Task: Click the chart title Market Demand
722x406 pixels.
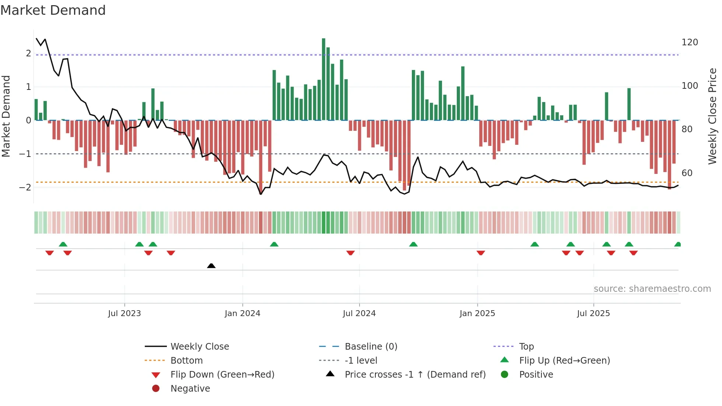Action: pyautogui.click(x=53, y=10)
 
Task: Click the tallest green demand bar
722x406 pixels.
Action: pyautogui.click(x=323, y=79)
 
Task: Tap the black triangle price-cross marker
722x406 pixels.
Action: pyautogui.click(x=211, y=266)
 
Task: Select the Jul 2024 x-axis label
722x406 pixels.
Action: pyautogui.click(x=359, y=314)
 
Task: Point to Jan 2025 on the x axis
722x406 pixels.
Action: pyautogui.click(x=477, y=314)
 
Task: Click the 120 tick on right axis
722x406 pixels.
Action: pyautogui.click(x=690, y=42)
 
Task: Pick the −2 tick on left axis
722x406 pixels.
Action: pyautogui.click(x=25, y=187)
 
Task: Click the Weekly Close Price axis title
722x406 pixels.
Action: pyautogui.click(x=712, y=116)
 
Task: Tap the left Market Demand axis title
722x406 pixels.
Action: pyautogui.click(x=6, y=116)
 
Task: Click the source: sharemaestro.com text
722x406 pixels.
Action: pyautogui.click(x=652, y=289)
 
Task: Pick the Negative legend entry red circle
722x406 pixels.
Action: pyautogui.click(x=156, y=389)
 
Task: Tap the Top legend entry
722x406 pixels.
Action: pyautogui.click(x=526, y=347)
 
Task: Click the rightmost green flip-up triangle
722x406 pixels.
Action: pyautogui.click(x=677, y=244)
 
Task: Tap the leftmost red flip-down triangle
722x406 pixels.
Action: pyautogui.click(x=49, y=253)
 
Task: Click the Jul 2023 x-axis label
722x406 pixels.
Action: pyautogui.click(x=125, y=314)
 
